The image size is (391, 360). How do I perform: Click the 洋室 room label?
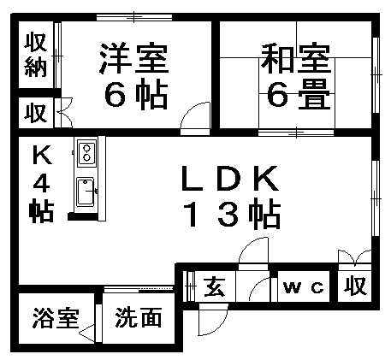134,58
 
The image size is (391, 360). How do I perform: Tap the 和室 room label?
296,58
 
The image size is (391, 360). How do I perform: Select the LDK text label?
230,179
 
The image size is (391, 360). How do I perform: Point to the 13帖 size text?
232,214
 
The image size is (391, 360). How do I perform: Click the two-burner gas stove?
86,152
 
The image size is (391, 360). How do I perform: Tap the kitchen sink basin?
86,192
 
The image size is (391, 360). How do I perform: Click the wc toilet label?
304,287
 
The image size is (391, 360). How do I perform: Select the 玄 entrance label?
215,286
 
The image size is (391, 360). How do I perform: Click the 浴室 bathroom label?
56,318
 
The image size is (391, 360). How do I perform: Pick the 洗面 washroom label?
139,317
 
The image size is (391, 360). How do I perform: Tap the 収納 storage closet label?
36,55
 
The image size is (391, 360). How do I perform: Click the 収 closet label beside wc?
354,286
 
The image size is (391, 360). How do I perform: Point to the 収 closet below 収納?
35,113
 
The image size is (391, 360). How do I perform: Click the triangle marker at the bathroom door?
86,332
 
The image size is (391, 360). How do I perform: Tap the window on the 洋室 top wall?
134,17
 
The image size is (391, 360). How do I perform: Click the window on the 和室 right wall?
376,74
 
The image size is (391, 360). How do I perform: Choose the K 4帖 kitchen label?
42,184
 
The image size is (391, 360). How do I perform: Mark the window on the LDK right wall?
376,198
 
